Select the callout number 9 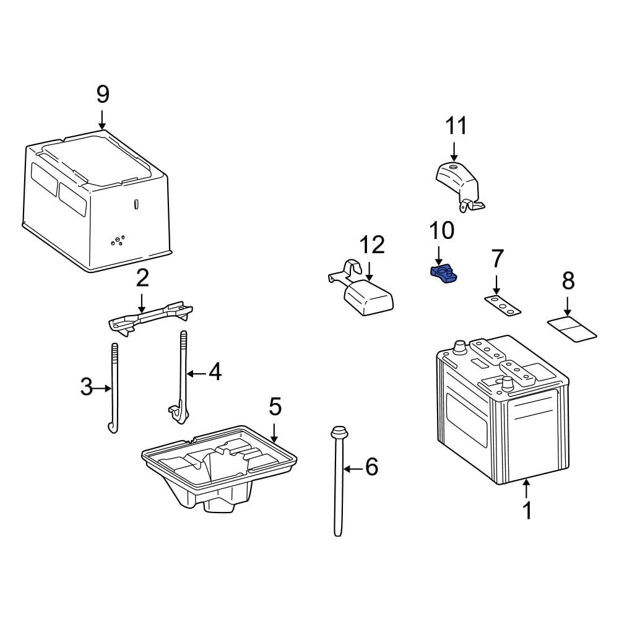pos(103,95)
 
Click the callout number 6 pos(371,467)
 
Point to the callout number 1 pos(527,510)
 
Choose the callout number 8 pos(568,280)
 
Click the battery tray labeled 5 pos(219,468)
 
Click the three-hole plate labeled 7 pos(503,306)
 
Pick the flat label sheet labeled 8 pos(571,329)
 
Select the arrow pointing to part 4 pos(196,373)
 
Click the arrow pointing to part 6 pos(353,469)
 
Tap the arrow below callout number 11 pos(454,152)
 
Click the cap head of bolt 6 pos(339,432)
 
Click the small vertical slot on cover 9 pos(136,204)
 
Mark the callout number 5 pos(275,407)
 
